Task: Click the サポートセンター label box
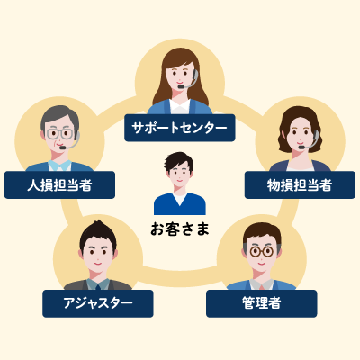pyautogui.click(x=180, y=128)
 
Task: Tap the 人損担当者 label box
pyautogui.click(x=59, y=184)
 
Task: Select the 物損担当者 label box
pyautogui.click(x=300, y=184)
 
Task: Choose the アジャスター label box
pyautogui.click(x=98, y=303)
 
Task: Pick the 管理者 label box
pyautogui.click(x=262, y=303)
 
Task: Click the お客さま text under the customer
pyautogui.click(x=180, y=229)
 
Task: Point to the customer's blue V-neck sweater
pyautogui.click(x=180, y=204)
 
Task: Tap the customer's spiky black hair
pyautogui.click(x=179, y=160)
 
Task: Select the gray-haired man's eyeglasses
pyautogui.click(x=60, y=134)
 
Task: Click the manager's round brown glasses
pyautogui.click(x=262, y=251)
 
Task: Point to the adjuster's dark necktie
pyautogui.click(x=98, y=286)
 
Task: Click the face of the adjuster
pyautogui.click(x=98, y=254)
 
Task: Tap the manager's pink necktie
pyautogui.click(x=262, y=287)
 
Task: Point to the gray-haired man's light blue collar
pyautogui.click(x=60, y=166)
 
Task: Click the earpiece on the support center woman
pyautogui.click(x=195, y=74)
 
